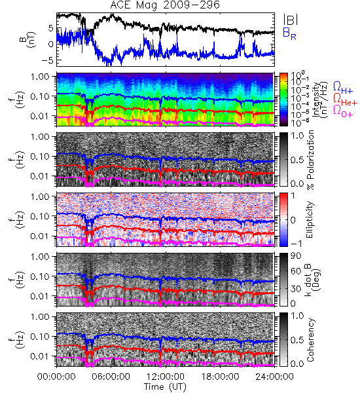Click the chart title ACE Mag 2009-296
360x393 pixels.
[x=165, y=5]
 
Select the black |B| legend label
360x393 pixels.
[x=291, y=19]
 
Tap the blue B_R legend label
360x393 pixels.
[x=289, y=33]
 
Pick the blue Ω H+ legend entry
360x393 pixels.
[x=343, y=88]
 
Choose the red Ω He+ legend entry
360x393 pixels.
[x=345, y=100]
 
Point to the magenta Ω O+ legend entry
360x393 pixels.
[x=343, y=111]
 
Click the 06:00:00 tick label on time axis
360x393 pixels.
[x=111, y=377]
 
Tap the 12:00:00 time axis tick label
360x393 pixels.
[x=166, y=377]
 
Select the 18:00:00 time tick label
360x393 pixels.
[x=220, y=377]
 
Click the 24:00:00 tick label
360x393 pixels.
[x=274, y=377]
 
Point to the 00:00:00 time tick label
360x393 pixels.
[x=56, y=377]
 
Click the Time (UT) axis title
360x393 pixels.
[x=165, y=387]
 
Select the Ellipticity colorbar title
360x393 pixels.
[x=310, y=219]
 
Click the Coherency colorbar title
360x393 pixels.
[x=310, y=339]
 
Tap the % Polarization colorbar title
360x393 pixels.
[x=310, y=160]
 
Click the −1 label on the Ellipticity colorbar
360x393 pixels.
[x=296, y=244]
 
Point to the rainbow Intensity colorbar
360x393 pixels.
[x=283, y=100]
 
